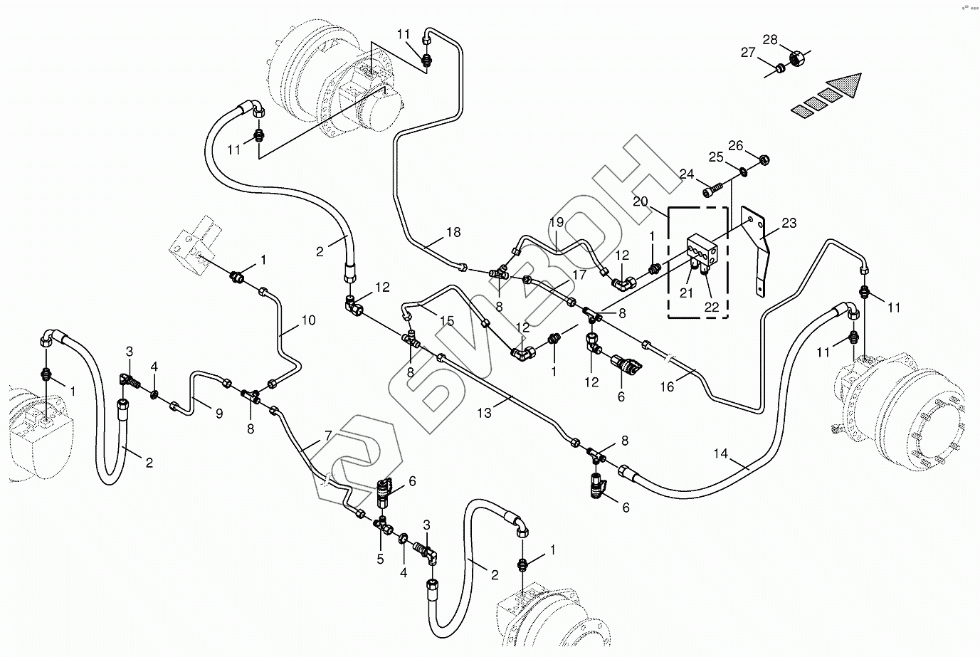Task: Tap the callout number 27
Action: click(747, 52)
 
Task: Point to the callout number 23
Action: click(789, 223)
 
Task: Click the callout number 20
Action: click(640, 201)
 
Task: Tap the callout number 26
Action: click(735, 145)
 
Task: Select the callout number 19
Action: click(556, 223)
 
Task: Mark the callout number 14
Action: click(721, 454)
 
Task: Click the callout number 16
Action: click(667, 387)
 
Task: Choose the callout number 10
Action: click(307, 320)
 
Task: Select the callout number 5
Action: click(380, 559)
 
